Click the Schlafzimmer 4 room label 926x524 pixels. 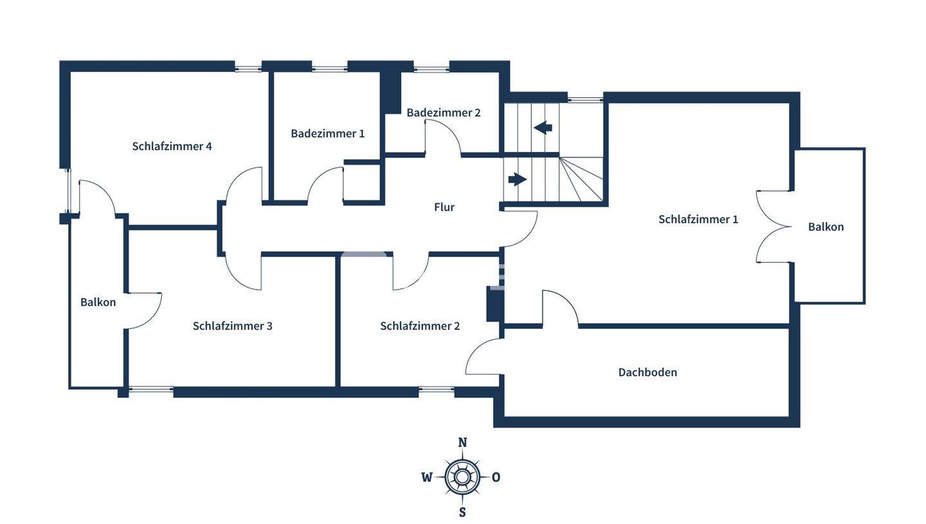point(172,146)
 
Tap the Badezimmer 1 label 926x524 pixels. point(328,133)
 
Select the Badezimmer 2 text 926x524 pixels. point(444,113)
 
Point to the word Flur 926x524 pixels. point(444,207)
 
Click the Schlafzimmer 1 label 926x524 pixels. point(698,220)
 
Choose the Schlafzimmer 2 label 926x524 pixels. point(420,326)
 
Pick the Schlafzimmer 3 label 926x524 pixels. point(233,326)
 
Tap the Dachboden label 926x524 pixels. point(648,372)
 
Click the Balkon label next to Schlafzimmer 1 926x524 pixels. point(826,227)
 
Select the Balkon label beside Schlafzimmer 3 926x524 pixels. point(98,302)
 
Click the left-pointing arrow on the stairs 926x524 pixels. point(543,127)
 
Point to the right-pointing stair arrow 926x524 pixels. point(518,180)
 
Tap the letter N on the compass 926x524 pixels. point(462,442)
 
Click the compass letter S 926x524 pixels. point(462,512)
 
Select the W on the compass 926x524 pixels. point(427,477)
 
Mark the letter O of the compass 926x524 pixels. point(496,477)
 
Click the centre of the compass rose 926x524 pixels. point(462,477)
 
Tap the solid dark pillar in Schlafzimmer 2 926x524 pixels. point(495,303)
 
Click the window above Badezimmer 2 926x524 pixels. point(431,69)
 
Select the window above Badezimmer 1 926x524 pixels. point(329,69)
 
